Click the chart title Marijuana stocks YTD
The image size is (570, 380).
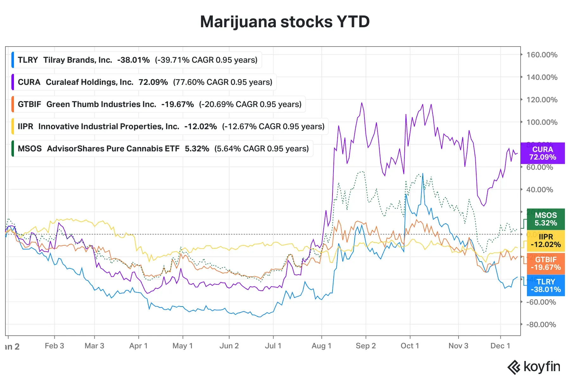(x=285, y=22)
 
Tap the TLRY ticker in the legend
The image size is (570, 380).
(x=28, y=60)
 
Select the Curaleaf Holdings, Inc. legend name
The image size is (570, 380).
(x=89, y=82)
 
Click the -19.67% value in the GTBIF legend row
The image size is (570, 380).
(x=177, y=104)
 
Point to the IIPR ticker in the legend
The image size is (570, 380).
(x=25, y=126)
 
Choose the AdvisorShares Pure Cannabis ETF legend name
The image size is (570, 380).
(x=113, y=149)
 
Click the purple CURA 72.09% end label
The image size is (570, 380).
(x=542, y=153)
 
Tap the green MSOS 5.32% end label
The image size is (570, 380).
(x=546, y=219)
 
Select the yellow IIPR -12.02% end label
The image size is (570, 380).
(x=546, y=241)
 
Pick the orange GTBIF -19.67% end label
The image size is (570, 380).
(x=546, y=263)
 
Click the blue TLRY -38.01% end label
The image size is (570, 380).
(x=546, y=286)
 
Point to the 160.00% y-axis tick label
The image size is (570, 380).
(x=541, y=55)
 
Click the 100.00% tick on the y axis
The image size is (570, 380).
(x=541, y=122)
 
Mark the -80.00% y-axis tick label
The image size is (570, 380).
(x=541, y=325)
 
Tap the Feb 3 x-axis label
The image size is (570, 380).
(x=54, y=346)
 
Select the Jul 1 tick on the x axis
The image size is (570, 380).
(x=273, y=346)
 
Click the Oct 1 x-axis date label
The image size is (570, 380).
(x=410, y=346)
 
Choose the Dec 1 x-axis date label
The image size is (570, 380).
(x=500, y=346)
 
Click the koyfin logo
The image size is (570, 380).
(x=534, y=367)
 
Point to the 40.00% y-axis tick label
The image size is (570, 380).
(x=540, y=190)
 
